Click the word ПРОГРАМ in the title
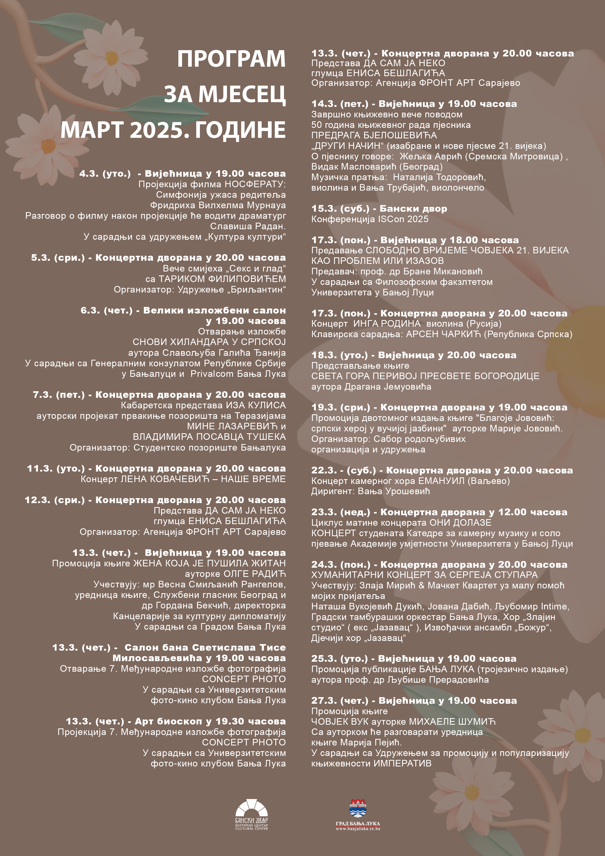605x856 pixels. tap(231, 59)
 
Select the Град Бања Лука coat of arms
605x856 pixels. tap(358, 808)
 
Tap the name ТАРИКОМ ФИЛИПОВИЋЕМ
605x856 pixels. tap(222, 279)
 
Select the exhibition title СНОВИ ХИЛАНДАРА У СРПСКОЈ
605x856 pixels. tap(209, 342)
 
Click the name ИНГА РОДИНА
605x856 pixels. tap(387, 323)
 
